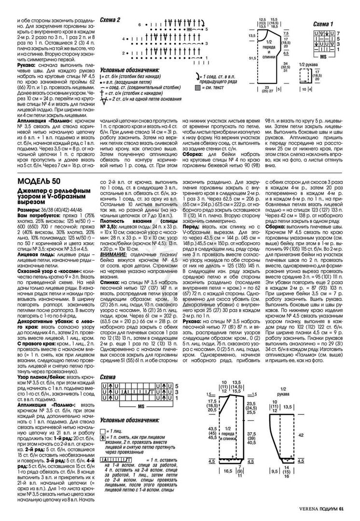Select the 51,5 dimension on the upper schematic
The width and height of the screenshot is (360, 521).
(251, 58)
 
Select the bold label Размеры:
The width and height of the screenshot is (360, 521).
(30, 198)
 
